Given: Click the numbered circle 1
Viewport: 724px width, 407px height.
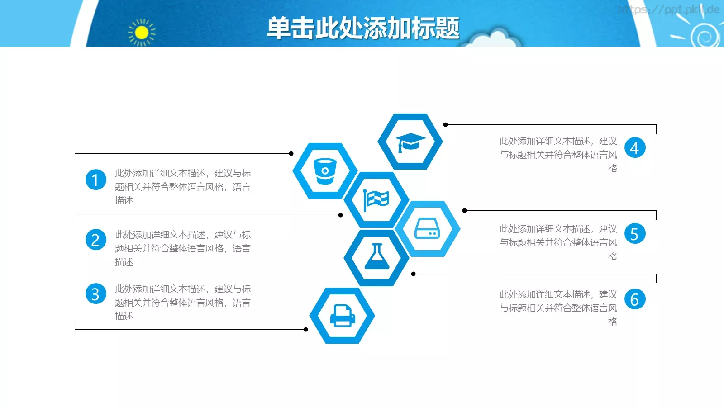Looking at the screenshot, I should click(95, 180).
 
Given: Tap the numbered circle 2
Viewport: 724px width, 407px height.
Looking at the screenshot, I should click(95, 240).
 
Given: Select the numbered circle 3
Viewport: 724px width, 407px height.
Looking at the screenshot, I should click(95, 294).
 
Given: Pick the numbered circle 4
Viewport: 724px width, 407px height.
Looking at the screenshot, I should click(635, 148).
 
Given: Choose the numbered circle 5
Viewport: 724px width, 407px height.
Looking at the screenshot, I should click(635, 234).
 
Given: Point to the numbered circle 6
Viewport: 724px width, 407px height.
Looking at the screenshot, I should click(635, 299).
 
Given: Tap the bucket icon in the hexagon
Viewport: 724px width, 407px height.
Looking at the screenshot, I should click(325, 171).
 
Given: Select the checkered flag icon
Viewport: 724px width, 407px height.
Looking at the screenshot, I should click(376, 200).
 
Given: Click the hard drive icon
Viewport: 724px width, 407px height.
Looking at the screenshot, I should click(427, 229).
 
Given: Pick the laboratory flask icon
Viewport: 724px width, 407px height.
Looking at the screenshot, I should click(376, 257).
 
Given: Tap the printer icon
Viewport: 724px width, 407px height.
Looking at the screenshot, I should click(342, 316).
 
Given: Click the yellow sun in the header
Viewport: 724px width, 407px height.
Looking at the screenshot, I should click(142, 33).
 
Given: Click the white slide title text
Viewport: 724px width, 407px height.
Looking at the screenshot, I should click(363, 28).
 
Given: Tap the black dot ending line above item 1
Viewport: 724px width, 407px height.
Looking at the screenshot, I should click(291, 154).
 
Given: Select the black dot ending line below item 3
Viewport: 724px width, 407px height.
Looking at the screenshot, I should click(306, 330).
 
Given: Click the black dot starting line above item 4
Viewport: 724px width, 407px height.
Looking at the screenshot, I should click(445, 125).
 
